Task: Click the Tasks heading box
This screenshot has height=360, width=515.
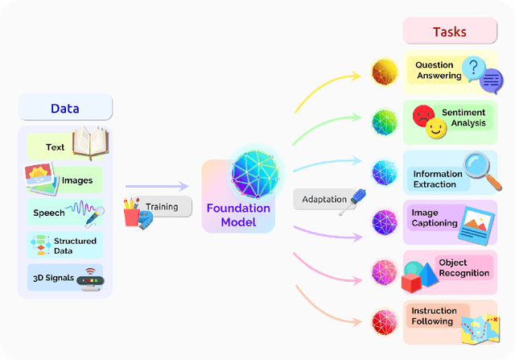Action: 449,32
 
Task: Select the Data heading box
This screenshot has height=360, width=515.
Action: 65,108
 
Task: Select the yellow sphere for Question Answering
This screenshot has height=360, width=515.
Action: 385,72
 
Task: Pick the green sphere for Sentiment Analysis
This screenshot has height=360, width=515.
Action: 385,122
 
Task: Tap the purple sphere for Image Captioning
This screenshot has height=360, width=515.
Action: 385,221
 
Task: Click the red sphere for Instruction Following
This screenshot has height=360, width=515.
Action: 385,322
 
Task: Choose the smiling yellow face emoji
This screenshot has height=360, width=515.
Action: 436,128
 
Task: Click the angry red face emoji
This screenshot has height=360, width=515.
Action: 422,116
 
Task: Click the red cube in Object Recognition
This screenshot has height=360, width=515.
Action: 412,281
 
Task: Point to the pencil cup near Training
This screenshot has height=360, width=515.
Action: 132,213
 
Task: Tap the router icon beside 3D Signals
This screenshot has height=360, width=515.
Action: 90,279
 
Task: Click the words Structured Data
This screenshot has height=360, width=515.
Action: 75,245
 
